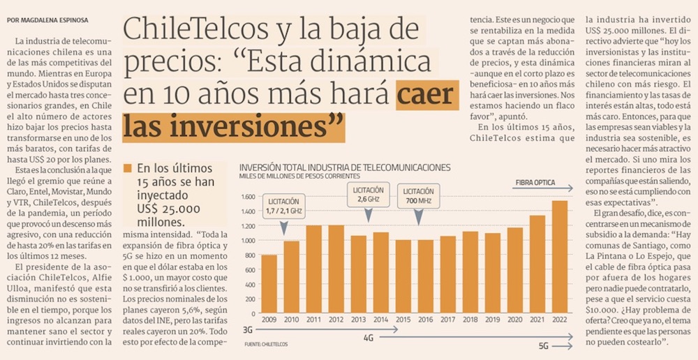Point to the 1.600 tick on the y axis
pyautogui.click(x=248, y=197)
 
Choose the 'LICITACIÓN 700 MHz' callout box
pyautogui.click(x=418, y=197)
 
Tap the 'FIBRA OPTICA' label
pyautogui.click(x=535, y=183)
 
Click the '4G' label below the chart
pyautogui.click(x=369, y=338)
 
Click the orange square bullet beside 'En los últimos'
pyautogui.click(x=127, y=169)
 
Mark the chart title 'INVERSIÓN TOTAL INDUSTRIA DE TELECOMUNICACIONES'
pyautogui.click(x=345, y=167)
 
